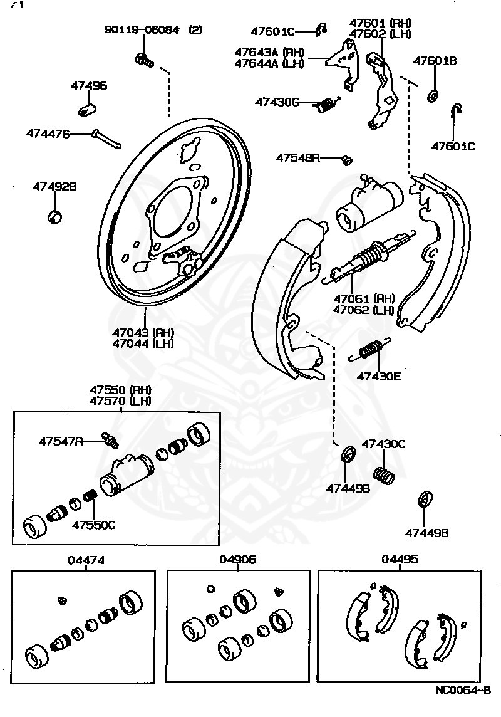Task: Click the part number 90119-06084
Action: pos(142,29)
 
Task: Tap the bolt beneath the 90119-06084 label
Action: pos(143,60)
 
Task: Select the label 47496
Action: pos(88,86)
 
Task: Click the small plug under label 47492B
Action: pos(55,217)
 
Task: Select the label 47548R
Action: pos(297,158)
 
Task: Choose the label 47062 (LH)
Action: pos(363,310)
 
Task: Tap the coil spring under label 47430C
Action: pos(385,474)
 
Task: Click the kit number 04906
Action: pos(237,560)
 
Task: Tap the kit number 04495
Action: pos(400,560)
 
